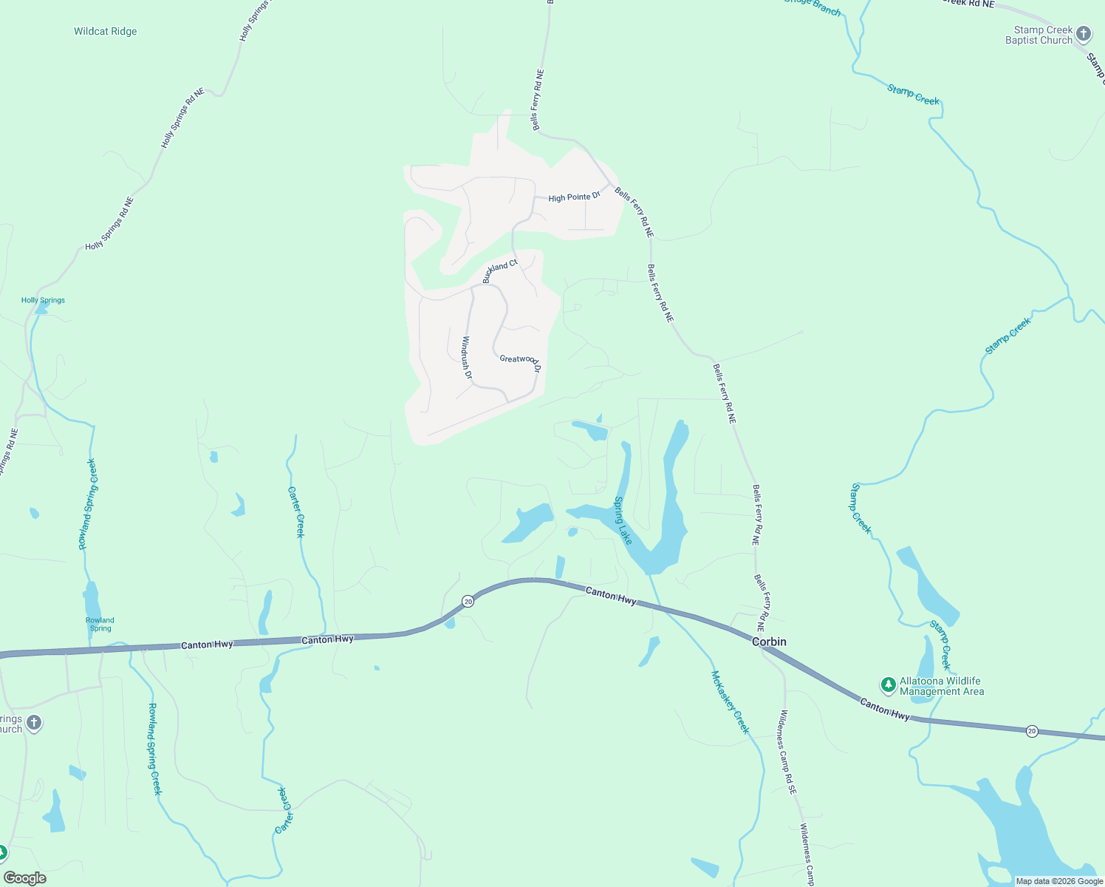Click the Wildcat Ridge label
pyautogui.click(x=105, y=32)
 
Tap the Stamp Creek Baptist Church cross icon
pyautogui.click(x=1084, y=34)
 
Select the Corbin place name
pyautogui.click(x=769, y=642)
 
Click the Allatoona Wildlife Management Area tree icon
pyautogui.click(x=889, y=685)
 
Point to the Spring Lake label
pyautogui.click(x=623, y=520)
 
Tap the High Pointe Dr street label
pyautogui.click(x=574, y=197)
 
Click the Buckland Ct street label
pyautogui.click(x=500, y=271)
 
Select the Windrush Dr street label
pyautogui.click(x=467, y=358)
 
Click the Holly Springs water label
pyautogui.click(x=43, y=300)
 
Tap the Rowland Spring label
pyautogui.click(x=100, y=625)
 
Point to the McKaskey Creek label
pyautogui.click(x=730, y=701)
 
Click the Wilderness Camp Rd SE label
pyautogui.click(x=788, y=752)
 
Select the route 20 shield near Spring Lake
pyautogui.click(x=468, y=602)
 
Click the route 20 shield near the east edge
pyautogui.click(x=1032, y=731)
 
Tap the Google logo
pyautogui.click(x=25, y=878)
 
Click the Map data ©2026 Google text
pyautogui.click(x=1059, y=881)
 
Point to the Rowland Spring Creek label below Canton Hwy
pyautogui.click(x=154, y=749)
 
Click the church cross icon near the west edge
pyautogui.click(x=34, y=723)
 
